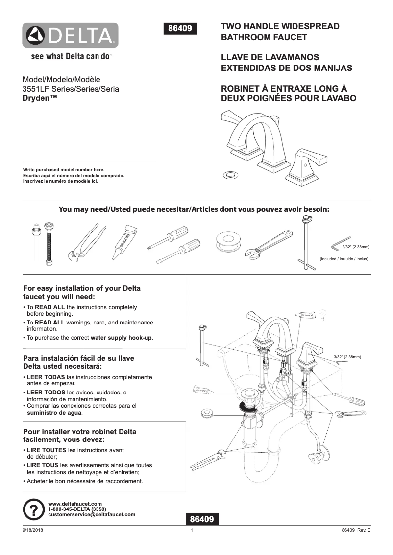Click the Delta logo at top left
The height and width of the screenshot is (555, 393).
tap(70, 36)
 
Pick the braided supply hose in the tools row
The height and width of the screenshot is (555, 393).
tap(49, 244)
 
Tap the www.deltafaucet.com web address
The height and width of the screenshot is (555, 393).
tap(75, 504)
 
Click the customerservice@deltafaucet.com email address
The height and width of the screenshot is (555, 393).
tap(92, 515)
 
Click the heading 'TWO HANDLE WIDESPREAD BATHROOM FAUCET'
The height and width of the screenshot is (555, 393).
tap(280, 31)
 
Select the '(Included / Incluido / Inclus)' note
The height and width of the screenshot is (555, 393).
tap(344, 259)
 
